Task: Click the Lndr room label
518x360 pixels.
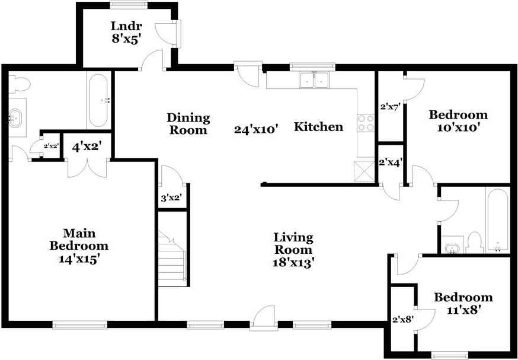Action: click(x=126, y=26)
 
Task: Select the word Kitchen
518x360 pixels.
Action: click(x=318, y=126)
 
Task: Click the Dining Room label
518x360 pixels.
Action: click(x=188, y=123)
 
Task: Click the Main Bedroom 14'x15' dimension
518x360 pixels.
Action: click(x=79, y=259)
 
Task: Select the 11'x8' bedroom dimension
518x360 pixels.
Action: click(x=463, y=310)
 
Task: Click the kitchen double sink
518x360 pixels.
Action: click(x=314, y=80)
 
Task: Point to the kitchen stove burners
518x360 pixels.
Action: click(x=366, y=123)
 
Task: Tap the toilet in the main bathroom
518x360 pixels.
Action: click(x=19, y=84)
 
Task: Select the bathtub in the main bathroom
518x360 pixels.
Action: click(x=99, y=100)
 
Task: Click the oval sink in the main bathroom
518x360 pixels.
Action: click(x=15, y=119)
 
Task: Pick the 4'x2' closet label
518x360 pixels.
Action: click(x=87, y=146)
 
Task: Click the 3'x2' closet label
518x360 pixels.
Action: click(x=171, y=198)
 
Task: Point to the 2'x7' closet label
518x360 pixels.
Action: click(x=391, y=107)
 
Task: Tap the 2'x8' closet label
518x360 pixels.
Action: click(x=403, y=320)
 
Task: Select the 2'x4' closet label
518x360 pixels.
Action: click(x=391, y=163)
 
